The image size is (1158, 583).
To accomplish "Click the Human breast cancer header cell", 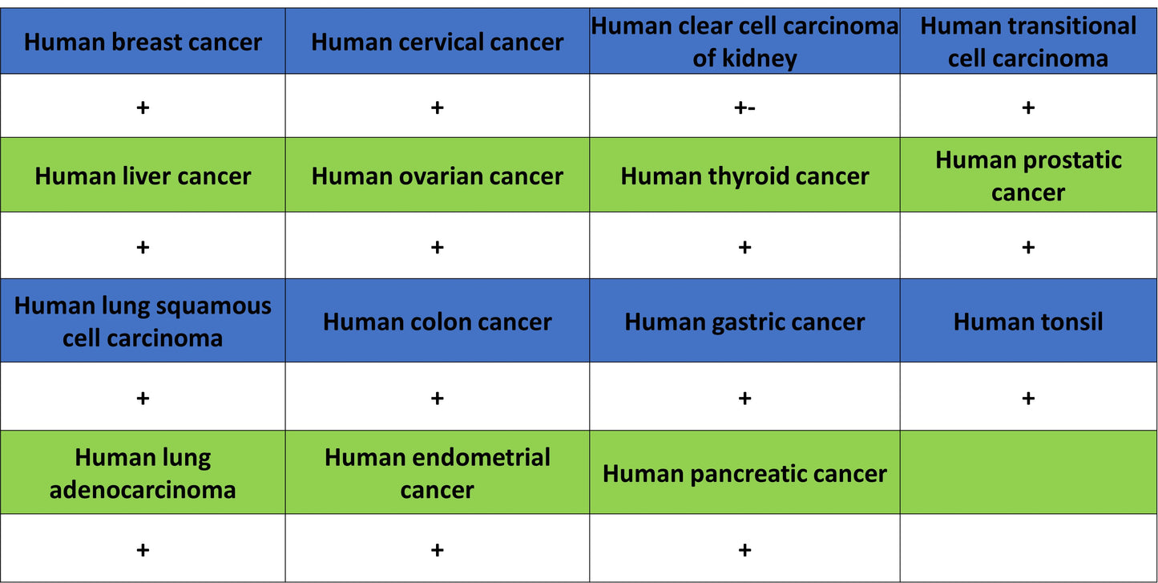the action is click(143, 42).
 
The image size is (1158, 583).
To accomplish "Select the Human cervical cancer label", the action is click(437, 42).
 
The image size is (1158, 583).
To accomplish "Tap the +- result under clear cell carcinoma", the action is click(744, 107).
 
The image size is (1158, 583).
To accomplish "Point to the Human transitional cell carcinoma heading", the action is click(1027, 42).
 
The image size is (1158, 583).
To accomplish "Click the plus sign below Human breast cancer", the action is click(143, 107).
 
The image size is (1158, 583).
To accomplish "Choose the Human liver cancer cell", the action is click(143, 176).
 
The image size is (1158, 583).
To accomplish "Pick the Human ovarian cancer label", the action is click(437, 176).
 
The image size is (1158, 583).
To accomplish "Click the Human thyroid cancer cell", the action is click(744, 176).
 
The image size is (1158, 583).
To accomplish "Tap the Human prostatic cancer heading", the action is click(1027, 176).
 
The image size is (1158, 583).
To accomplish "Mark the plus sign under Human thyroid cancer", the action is click(744, 247).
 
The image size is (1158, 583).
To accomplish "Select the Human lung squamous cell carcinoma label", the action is click(143, 322).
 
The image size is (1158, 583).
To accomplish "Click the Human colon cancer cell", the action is click(437, 322).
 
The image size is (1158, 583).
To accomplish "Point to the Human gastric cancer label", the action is click(744, 322).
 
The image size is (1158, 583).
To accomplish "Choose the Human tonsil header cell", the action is click(1027, 322).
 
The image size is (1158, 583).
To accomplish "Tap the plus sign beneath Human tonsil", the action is click(1027, 398).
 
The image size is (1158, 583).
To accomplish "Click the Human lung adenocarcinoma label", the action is click(143, 473).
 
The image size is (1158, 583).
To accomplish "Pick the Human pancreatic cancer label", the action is click(744, 473).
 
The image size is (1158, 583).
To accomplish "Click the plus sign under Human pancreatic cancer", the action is click(744, 549).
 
